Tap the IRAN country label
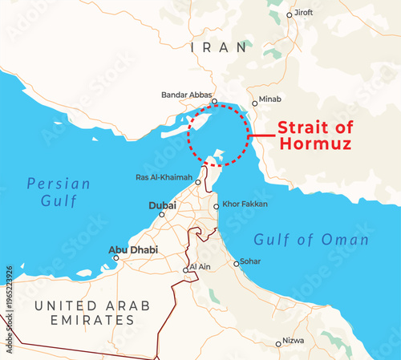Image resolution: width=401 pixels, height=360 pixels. click(x=219, y=48)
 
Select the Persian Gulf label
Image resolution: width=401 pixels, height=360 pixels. click(x=58, y=192)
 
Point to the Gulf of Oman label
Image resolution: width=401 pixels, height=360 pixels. click(x=311, y=240)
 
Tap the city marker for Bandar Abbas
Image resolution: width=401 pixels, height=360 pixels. click(x=214, y=101)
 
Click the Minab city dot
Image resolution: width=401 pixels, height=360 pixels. click(x=255, y=103)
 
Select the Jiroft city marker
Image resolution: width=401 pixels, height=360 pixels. click(x=292, y=13)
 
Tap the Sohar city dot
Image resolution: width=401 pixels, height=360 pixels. click(x=236, y=263)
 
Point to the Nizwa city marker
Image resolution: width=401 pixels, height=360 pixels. click(x=278, y=344)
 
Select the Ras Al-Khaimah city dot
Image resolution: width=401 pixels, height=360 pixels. click(x=197, y=178)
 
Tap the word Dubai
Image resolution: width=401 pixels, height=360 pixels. click(x=162, y=206)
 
